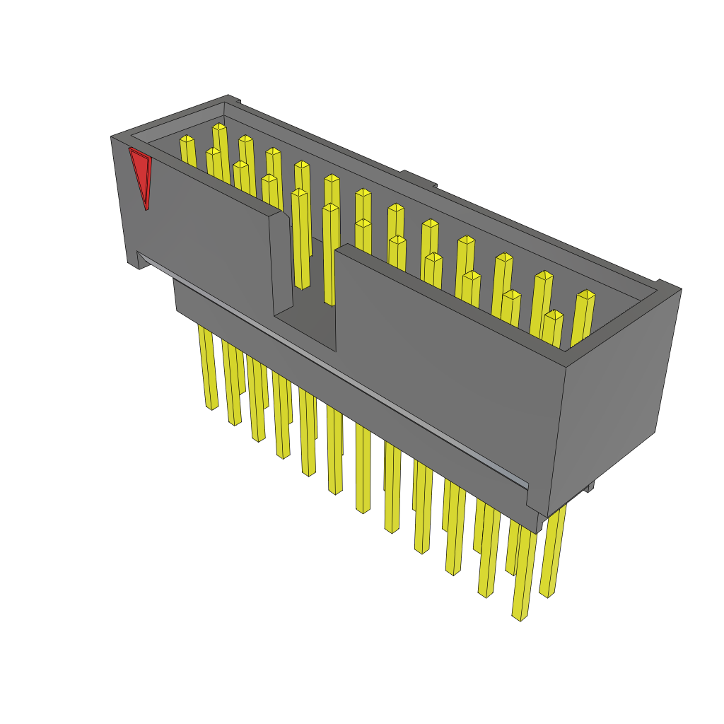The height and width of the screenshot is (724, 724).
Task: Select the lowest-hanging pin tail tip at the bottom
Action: pos(520,617)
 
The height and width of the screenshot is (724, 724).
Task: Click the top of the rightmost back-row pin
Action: pos(586,294)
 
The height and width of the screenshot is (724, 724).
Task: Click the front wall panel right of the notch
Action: pos(445,354)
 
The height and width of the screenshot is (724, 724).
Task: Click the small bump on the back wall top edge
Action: pos(417,177)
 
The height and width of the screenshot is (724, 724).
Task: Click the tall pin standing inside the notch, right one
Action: pos(330,255)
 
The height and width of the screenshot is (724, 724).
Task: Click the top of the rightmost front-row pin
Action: pos(554,315)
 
